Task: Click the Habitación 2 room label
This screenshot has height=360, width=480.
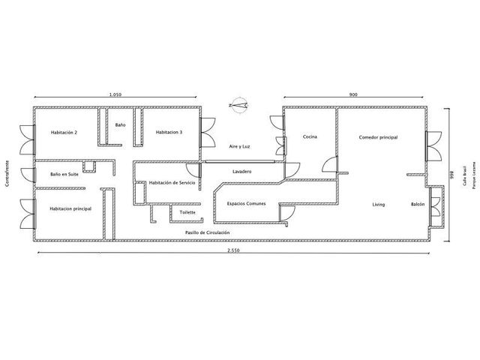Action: click(x=64, y=133)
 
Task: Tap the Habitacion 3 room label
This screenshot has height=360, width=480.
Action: click(x=169, y=132)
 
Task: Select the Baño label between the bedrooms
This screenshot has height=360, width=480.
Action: click(x=120, y=125)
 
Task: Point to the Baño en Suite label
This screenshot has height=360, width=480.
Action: click(x=64, y=174)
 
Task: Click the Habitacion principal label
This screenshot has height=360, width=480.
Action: click(x=70, y=208)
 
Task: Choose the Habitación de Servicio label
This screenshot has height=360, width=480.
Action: click(x=172, y=183)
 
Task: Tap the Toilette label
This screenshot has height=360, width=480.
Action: click(x=187, y=212)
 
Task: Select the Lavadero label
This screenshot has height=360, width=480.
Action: click(x=241, y=172)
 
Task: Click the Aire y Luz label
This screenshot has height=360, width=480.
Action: click(x=239, y=147)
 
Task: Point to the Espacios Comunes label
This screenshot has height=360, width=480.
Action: click(x=247, y=203)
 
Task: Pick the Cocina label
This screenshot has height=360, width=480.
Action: click(x=310, y=136)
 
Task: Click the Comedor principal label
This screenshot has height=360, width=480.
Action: click(x=378, y=137)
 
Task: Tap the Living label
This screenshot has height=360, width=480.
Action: click(x=379, y=205)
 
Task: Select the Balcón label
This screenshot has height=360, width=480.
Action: click(x=418, y=204)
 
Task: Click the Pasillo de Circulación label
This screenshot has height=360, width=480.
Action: click(x=207, y=232)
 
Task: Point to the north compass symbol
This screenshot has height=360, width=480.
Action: click(x=238, y=105)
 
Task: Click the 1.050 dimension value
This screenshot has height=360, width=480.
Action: click(x=115, y=94)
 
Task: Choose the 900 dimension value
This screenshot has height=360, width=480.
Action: click(x=353, y=94)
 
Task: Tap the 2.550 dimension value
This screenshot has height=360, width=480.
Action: click(x=233, y=250)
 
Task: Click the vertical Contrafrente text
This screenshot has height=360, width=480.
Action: click(x=7, y=173)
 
